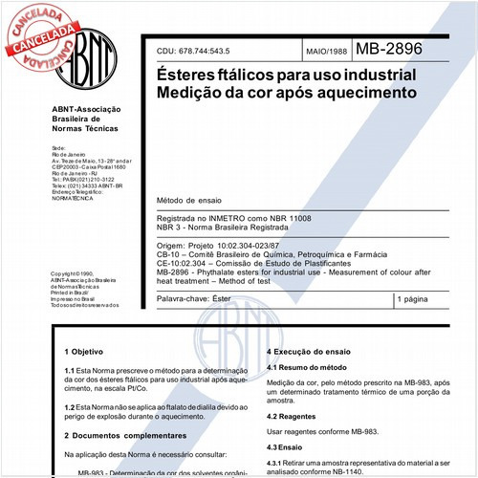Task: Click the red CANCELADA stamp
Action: click(44, 30)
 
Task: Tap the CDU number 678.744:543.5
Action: click(205, 51)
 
